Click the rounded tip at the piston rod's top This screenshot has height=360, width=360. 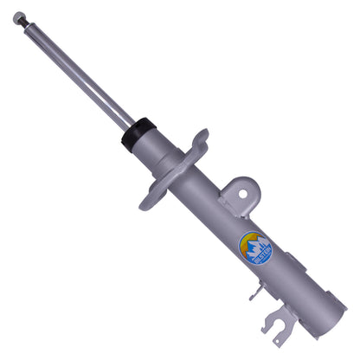[18, 16]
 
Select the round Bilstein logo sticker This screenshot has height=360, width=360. [255, 248]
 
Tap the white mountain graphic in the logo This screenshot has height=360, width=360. [255, 253]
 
